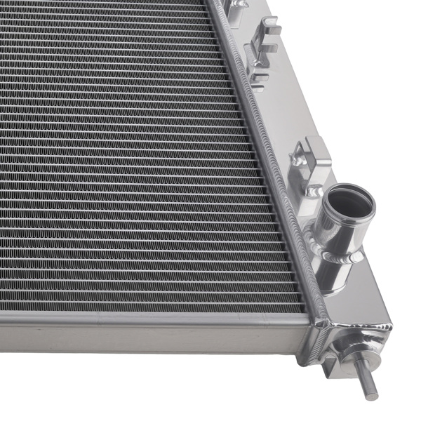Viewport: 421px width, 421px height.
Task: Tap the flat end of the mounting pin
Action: pyautogui.click(x=370, y=394)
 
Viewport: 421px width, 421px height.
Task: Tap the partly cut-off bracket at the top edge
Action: pyautogui.click(x=239, y=6)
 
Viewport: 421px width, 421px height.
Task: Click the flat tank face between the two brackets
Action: pyautogui.click(x=288, y=105)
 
